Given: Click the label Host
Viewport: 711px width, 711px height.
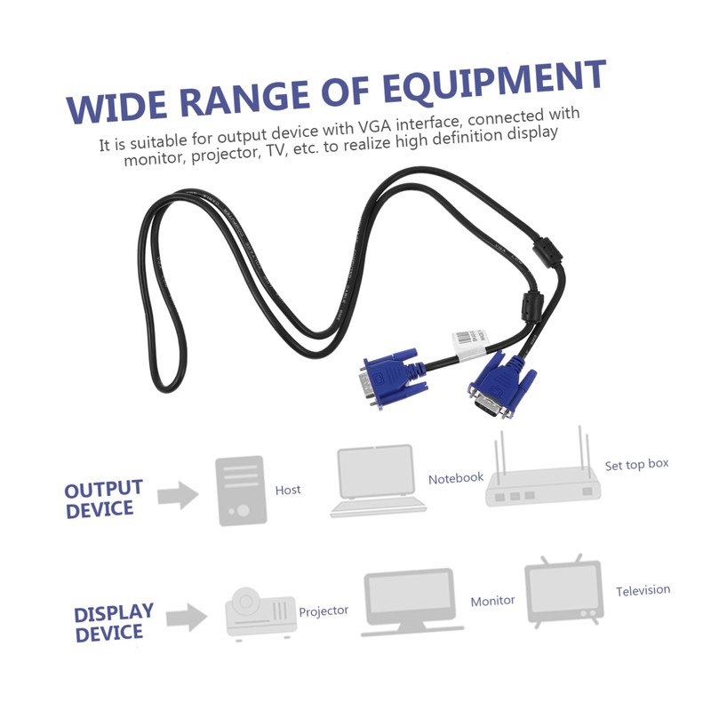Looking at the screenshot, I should click(288, 490).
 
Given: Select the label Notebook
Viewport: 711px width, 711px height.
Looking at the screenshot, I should click(456, 478).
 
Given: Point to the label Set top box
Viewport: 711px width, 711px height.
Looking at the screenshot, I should click(636, 465).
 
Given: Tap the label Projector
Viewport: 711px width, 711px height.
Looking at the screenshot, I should click(324, 611).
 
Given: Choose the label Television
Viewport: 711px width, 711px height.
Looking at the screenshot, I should click(643, 590).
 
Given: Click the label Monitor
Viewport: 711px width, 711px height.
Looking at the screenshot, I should click(492, 601).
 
